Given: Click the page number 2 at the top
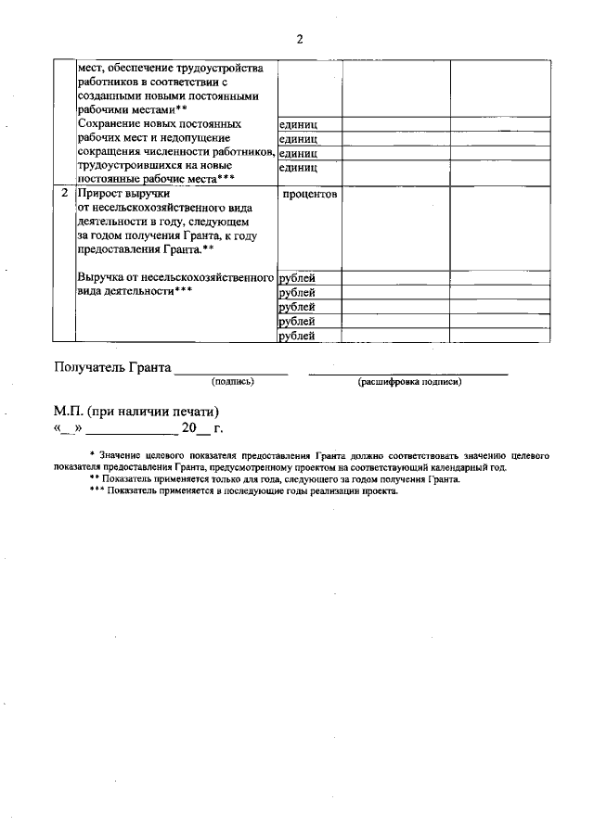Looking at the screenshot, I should pos(300,39).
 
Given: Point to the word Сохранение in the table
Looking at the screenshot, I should pos(113,123).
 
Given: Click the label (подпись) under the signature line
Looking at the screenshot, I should pos(233,381).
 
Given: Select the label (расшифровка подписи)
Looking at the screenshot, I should pos(409,381).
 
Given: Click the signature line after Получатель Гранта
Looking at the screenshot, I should pos(232,373).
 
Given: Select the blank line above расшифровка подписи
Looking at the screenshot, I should pos(408,373).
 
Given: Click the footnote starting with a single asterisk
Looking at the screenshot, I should pos(316,461).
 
